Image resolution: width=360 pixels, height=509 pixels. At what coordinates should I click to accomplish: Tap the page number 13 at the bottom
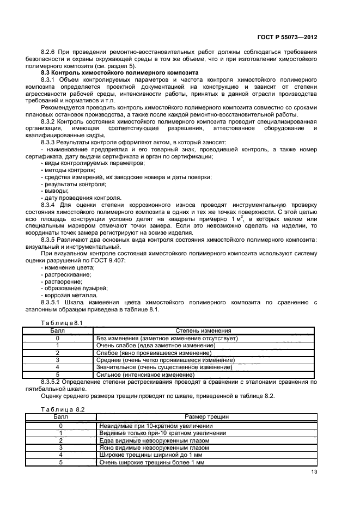[x=313, y=472]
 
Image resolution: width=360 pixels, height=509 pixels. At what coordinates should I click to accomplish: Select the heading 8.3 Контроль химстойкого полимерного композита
[x=120, y=72]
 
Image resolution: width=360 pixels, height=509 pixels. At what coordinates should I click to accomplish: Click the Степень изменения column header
[x=203, y=330]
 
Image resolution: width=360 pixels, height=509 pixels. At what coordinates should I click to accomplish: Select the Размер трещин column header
[x=206, y=416]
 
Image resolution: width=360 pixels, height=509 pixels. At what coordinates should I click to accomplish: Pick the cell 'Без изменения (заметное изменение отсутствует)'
[x=167, y=338]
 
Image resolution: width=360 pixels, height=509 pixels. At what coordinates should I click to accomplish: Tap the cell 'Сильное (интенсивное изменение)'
[x=145, y=375]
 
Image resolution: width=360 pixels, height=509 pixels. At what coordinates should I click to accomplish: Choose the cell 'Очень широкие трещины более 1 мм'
[x=151, y=462]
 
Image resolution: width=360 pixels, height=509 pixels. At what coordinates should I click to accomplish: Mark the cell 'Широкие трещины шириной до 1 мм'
[x=151, y=455]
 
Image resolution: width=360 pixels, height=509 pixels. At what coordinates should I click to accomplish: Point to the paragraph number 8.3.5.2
[x=54, y=382]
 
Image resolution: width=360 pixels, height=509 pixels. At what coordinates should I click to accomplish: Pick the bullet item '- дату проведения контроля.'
[x=81, y=198]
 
